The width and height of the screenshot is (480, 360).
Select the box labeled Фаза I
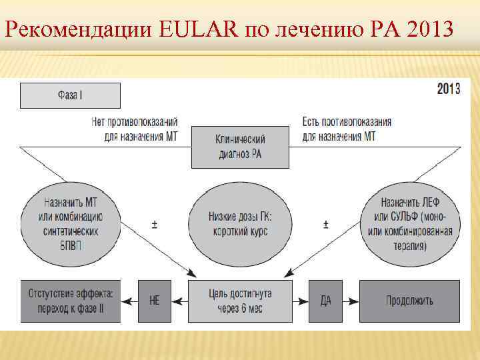[70, 95]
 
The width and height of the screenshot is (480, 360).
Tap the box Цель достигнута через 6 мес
[240, 301]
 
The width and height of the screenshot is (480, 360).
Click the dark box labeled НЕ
[155, 301]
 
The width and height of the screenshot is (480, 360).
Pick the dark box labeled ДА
[325, 301]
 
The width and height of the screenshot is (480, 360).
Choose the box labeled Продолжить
[409, 301]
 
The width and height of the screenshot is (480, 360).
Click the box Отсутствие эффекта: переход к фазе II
[71, 301]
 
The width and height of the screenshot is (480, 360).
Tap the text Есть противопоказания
[347, 123]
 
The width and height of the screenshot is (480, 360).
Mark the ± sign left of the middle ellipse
[155, 225]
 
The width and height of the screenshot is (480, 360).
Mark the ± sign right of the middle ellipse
[325, 225]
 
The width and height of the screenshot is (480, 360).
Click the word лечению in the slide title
[328, 29]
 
